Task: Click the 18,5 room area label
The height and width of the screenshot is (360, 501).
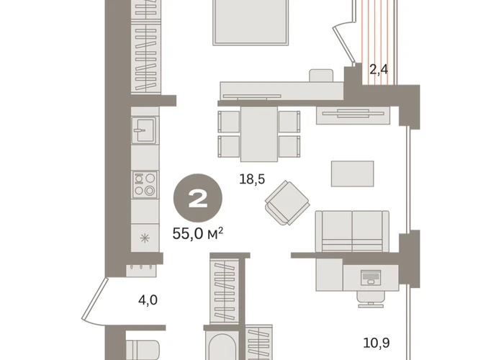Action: (x=252, y=179)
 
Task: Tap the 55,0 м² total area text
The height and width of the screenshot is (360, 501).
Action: (x=198, y=234)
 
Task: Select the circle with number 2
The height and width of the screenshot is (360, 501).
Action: (x=198, y=198)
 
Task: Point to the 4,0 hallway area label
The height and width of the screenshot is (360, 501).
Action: (x=148, y=300)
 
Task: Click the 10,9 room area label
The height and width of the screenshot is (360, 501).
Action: (x=376, y=343)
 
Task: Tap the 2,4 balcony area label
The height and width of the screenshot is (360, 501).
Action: (x=379, y=69)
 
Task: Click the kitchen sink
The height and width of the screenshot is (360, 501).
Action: (x=145, y=130)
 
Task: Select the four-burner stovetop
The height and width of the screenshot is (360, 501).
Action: (x=145, y=184)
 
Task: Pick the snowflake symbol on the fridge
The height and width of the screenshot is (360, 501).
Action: (x=145, y=238)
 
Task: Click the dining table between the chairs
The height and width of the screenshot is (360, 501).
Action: (x=259, y=135)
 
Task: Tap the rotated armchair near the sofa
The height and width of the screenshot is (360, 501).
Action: (x=287, y=203)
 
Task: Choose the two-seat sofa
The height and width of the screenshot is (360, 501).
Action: (x=352, y=231)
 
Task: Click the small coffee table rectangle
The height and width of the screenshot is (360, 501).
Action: (x=353, y=174)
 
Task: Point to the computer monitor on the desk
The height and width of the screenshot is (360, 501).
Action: (x=371, y=277)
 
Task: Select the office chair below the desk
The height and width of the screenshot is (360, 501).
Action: (x=371, y=300)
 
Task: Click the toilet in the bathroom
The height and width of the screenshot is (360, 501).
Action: (x=143, y=350)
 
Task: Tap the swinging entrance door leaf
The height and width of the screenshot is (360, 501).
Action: (x=95, y=299)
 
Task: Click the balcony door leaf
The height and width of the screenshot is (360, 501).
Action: (x=344, y=45)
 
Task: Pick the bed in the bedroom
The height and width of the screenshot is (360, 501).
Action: (x=250, y=22)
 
